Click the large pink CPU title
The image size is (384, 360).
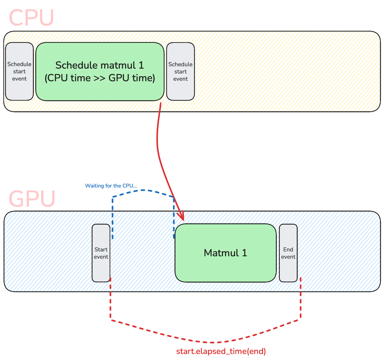click(32, 18)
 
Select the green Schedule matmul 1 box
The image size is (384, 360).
click(100, 71)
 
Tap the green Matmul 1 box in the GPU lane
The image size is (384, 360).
click(225, 253)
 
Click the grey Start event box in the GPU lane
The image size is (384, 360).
click(101, 253)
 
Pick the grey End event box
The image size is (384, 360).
click(288, 253)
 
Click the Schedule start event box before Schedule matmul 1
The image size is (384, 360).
click(19, 71)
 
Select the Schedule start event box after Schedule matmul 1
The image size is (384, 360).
click(180, 71)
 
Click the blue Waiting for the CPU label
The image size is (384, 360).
click(109, 186)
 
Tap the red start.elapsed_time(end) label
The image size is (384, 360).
click(221, 351)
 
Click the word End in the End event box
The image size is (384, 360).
click(288, 249)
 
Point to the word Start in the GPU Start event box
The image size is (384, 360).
click(101, 249)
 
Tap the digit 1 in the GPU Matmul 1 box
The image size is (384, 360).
click(244, 253)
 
